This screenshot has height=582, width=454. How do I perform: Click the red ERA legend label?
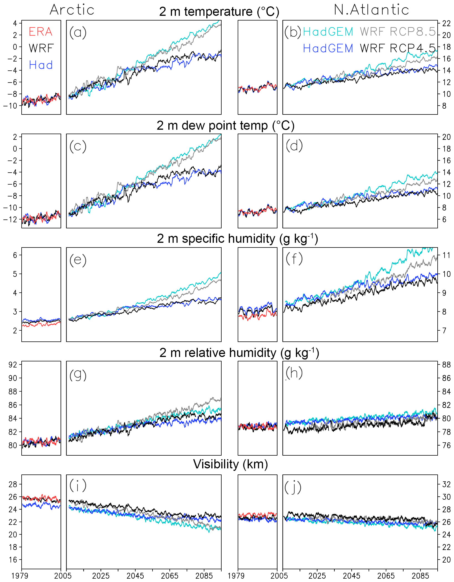click(x=40, y=32)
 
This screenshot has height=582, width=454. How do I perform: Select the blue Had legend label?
click(x=41, y=65)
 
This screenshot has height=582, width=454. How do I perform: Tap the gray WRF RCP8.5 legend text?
click(x=398, y=32)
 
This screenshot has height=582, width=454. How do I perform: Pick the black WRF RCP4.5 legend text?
click(x=398, y=48)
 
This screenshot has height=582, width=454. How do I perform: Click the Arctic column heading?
click(x=72, y=10)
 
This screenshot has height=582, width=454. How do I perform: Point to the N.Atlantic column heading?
click(x=371, y=10)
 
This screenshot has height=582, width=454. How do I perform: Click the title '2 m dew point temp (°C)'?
click(x=225, y=126)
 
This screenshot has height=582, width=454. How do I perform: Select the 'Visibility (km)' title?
click(x=230, y=464)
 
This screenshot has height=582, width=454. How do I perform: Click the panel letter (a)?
click(x=78, y=32)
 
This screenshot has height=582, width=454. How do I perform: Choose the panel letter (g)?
click(x=78, y=375)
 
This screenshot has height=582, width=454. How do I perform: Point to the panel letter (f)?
click(x=294, y=259)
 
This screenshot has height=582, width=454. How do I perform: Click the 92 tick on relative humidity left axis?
click(x=13, y=364)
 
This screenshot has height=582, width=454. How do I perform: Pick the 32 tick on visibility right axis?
click(x=446, y=484)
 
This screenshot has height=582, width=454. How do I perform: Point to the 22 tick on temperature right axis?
click(x=446, y=23)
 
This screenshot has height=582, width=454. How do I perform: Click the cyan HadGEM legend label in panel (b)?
click(x=328, y=32)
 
